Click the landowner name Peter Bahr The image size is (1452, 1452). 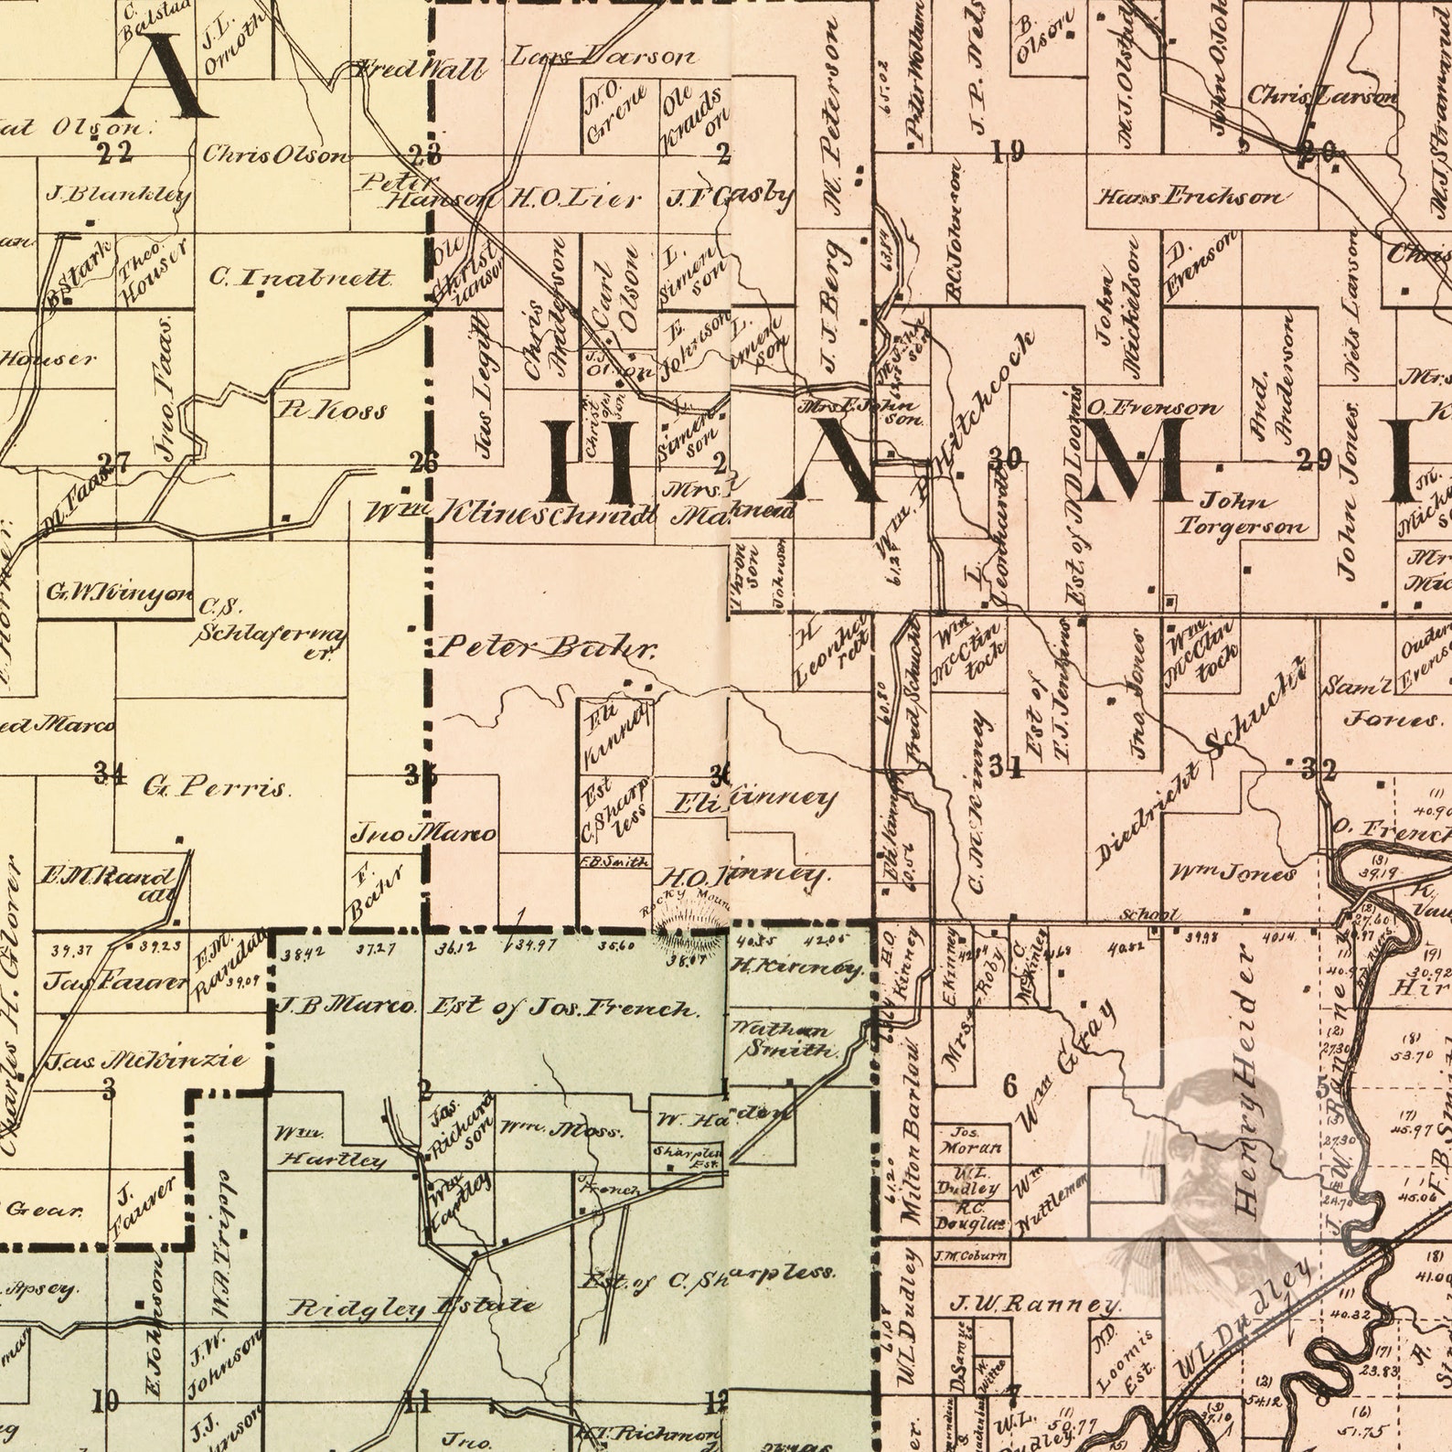(x=546, y=648)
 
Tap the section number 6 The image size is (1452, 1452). (x=1009, y=1086)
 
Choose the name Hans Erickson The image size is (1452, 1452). (x=1189, y=197)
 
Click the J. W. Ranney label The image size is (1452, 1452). (x=1034, y=1304)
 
